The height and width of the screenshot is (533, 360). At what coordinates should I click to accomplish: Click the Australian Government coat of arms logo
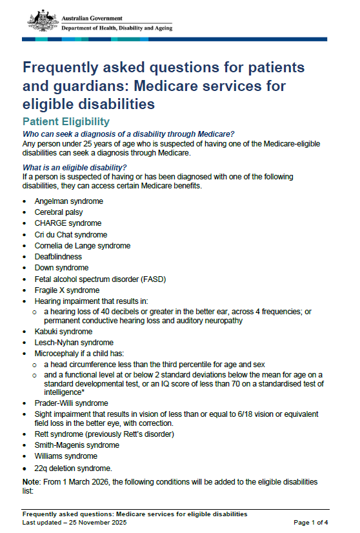[x=43, y=21]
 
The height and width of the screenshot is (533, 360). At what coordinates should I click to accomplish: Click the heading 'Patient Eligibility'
[x=66, y=121]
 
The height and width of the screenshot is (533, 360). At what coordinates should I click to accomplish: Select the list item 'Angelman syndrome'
[x=68, y=201]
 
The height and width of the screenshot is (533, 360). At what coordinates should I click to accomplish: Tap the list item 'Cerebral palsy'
[x=59, y=212]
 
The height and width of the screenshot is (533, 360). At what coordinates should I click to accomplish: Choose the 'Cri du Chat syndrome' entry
[x=71, y=234]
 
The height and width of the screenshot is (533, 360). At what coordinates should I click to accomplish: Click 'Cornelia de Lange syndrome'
[x=83, y=245]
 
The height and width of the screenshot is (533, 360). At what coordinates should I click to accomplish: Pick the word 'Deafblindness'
[x=58, y=256]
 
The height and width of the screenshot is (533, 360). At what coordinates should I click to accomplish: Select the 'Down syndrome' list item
[x=62, y=267]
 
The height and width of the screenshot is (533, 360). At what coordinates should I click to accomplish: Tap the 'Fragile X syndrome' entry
[x=67, y=290]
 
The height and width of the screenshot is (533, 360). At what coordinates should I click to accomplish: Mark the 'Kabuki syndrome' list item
[x=64, y=332]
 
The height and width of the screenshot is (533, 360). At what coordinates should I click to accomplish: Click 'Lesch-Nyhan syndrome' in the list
[x=74, y=343]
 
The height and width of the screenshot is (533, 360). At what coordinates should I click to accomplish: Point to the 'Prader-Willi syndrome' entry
[x=71, y=403]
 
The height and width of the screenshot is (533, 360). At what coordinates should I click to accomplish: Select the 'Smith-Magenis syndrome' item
[x=77, y=445]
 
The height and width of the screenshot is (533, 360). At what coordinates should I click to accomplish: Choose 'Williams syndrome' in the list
[x=66, y=456]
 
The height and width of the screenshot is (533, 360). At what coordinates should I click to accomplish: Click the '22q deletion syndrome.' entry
[x=74, y=468]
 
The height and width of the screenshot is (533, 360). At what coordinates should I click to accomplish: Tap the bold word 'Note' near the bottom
[x=31, y=482]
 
